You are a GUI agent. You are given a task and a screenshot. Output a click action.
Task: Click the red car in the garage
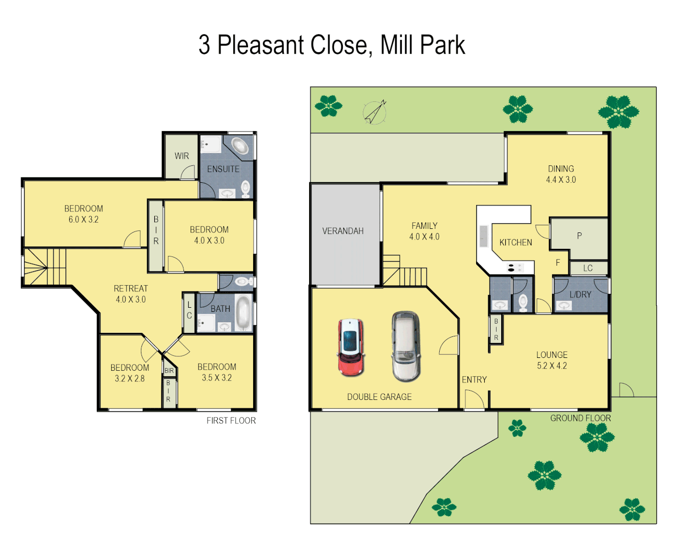click(351, 347)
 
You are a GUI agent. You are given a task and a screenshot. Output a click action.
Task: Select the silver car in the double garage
click(406, 347)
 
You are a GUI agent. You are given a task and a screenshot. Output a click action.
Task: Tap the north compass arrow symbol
click(375, 112)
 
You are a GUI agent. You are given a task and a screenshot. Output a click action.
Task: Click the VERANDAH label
click(343, 231)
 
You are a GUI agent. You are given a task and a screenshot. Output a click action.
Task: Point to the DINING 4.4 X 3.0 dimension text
click(561, 180)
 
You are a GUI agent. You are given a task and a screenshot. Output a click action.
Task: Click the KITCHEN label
click(516, 242)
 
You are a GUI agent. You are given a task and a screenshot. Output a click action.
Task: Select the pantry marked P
click(579, 236)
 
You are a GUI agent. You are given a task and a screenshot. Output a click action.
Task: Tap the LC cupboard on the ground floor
click(588, 268)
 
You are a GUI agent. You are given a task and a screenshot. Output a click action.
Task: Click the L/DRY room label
click(580, 294)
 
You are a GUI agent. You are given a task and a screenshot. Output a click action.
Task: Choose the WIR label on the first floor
click(181, 156)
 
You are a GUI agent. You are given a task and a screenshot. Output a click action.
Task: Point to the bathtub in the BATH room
click(243, 313)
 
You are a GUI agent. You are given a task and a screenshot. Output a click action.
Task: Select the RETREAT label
click(131, 288)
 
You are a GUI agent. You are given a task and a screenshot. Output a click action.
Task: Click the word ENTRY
click(474, 379)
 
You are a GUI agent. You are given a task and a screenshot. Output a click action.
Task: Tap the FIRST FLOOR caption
click(231, 420)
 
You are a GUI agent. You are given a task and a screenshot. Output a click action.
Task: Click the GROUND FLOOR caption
click(580, 418)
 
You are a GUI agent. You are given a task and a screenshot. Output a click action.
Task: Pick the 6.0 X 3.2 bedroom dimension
click(84, 220)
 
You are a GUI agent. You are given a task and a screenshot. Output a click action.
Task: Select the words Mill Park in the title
click(422, 45)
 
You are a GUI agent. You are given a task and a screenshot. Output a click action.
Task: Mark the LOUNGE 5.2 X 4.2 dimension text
click(552, 366)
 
